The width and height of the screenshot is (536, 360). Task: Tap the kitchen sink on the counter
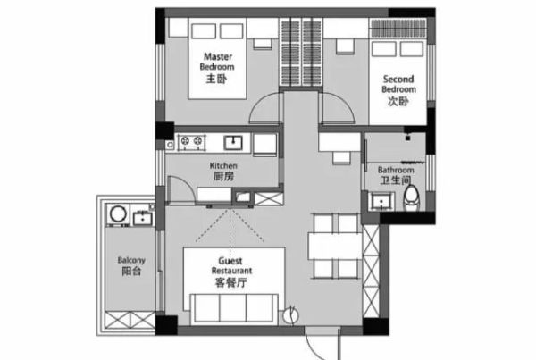[x=233, y=143]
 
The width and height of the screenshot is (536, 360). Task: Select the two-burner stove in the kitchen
[x=191, y=141]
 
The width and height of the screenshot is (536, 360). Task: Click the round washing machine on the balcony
[x=118, y=214]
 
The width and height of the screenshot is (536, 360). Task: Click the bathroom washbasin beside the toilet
[x=381, y=202]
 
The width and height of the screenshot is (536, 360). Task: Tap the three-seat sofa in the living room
[x=234, y=307]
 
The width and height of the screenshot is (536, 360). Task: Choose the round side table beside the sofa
[x=291, y=315]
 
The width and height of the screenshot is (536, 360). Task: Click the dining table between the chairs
[x=335, y=247]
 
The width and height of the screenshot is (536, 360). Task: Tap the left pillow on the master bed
[x=204, y=31]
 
